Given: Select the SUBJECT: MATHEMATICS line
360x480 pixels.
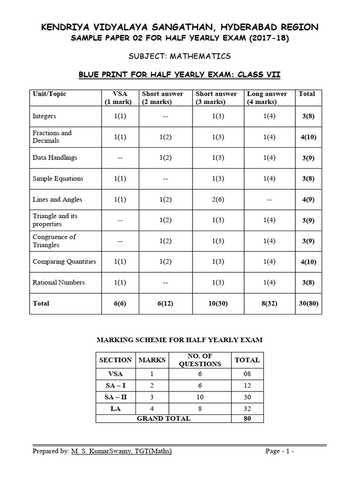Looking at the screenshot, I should tap(180, 56).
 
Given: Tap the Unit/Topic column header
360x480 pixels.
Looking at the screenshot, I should tap(50, 94).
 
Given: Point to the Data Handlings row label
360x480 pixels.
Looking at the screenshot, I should tap(55, 158).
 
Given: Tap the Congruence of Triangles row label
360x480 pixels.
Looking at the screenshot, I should tap(54, 241).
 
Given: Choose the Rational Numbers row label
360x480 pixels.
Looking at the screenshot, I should tap(59, 283).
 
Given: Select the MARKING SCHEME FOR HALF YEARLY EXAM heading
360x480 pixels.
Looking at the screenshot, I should tap(180, 339).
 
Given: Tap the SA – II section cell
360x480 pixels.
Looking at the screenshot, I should tap(115, 397).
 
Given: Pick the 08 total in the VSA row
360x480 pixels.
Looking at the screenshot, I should tap(247, 374).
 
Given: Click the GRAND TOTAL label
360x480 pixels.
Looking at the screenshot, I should tap(163, 418).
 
